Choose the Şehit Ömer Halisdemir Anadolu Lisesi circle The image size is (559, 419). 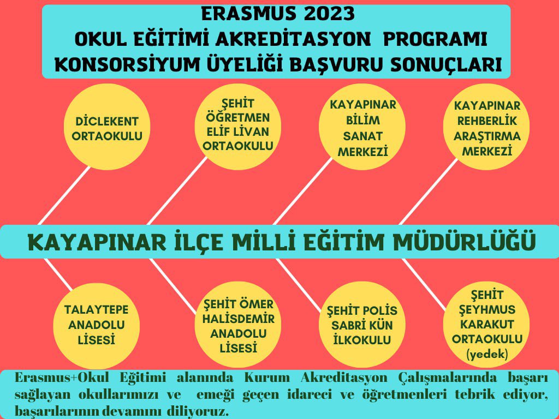[234, 326]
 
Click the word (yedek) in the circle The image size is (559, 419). [487, 355]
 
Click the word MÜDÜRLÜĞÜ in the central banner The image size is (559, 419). [465, 242]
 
